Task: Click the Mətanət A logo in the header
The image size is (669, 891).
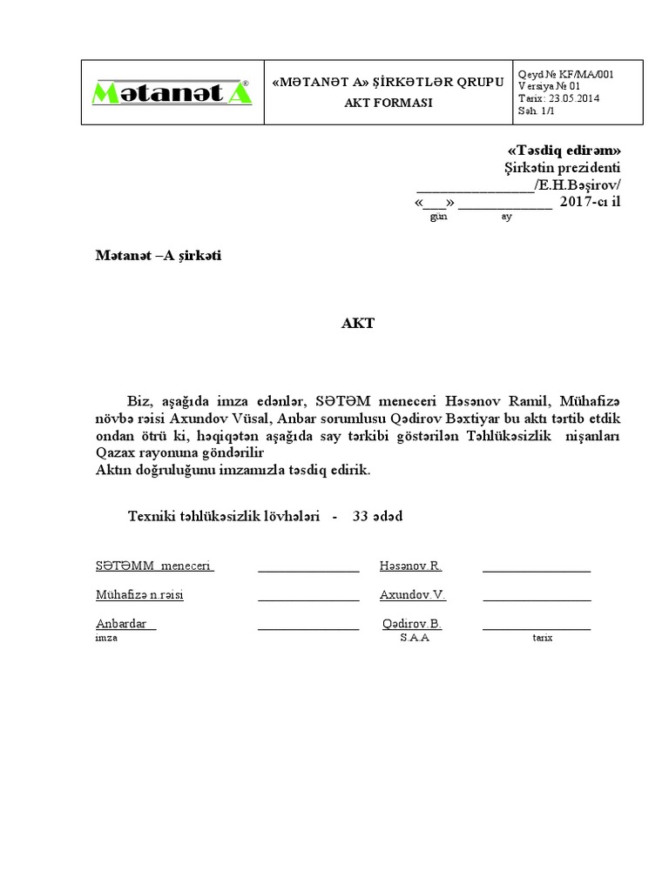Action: pos(172,93)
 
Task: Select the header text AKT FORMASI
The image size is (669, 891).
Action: pos(388,102)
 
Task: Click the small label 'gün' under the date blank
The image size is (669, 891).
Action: pos(439,217)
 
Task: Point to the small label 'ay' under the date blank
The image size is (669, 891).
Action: pos(506,217)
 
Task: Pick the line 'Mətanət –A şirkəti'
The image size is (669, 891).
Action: pos(159,257)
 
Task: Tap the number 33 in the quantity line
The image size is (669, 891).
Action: pos(360,516)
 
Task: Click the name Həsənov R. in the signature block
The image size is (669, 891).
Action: pos(410,566)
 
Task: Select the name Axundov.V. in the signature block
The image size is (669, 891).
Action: pos(412,595)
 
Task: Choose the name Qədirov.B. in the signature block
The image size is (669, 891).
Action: pos(412,624)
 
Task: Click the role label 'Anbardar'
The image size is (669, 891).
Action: pos(125,624)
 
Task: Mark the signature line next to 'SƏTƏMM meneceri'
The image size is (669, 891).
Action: pos(308,570)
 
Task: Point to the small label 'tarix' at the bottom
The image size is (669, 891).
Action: pos(543,638)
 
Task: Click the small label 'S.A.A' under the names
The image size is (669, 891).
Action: pos(415,638)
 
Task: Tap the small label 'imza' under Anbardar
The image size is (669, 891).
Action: pos(106,638)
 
